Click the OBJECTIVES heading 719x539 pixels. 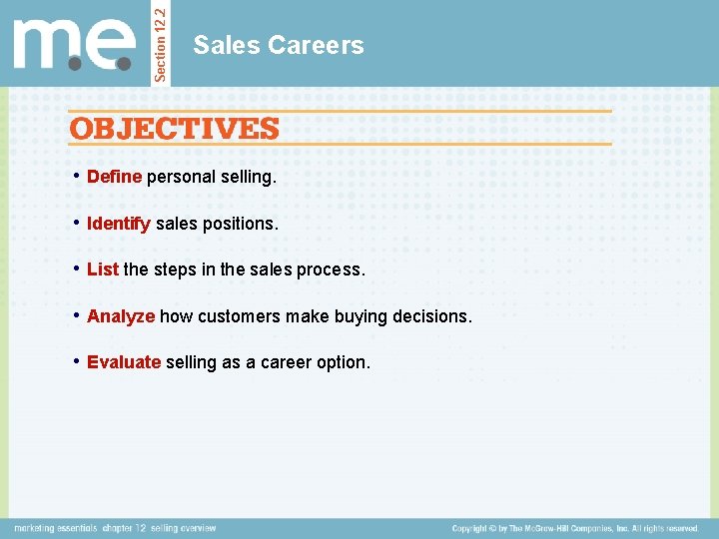click(x=174, y=129)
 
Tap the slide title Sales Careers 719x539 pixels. click(x=279, y=45)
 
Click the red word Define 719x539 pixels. click(x=115, y=177)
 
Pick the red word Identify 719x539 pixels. click(x=119, y=224)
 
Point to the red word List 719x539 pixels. click(x=103, y=269)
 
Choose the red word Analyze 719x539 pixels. click(x=121, y=316)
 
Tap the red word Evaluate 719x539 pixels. click(x=124, y=362)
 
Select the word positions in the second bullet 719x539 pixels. click(x=241, y=224)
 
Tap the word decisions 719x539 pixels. click(x=434, y=316)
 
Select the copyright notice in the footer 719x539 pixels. click(x=575, y=528)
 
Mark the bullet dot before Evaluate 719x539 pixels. click(x=77, y=361)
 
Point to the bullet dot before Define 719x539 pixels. click(x=77, y=176)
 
